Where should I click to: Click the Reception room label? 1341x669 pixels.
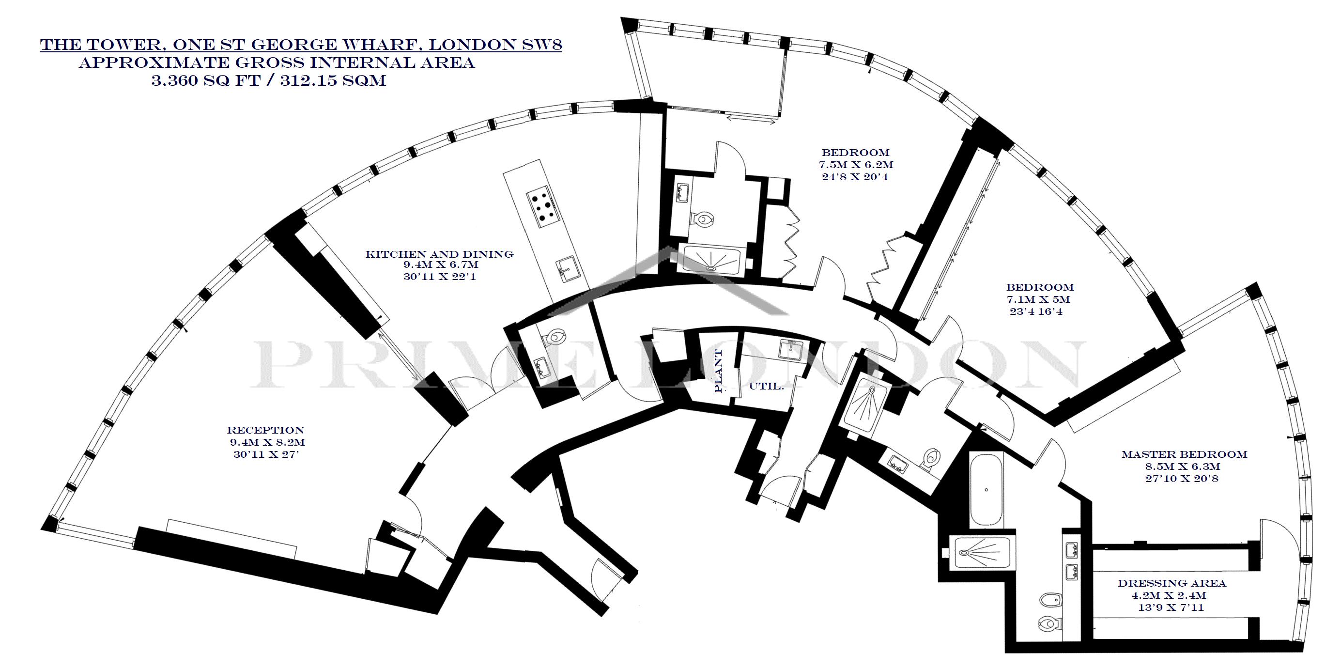pyautogui.click(x=265, y=431)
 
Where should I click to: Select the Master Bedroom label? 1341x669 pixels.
pyautogui.click(x=1184, y=454)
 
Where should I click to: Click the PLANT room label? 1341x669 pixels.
pyautogui.click(x=719, y=371)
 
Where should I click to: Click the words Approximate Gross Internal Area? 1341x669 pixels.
pyautogui.click(x=277, y=63)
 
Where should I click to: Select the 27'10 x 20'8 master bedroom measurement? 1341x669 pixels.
pyautogui.click(x=1184, y=479)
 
